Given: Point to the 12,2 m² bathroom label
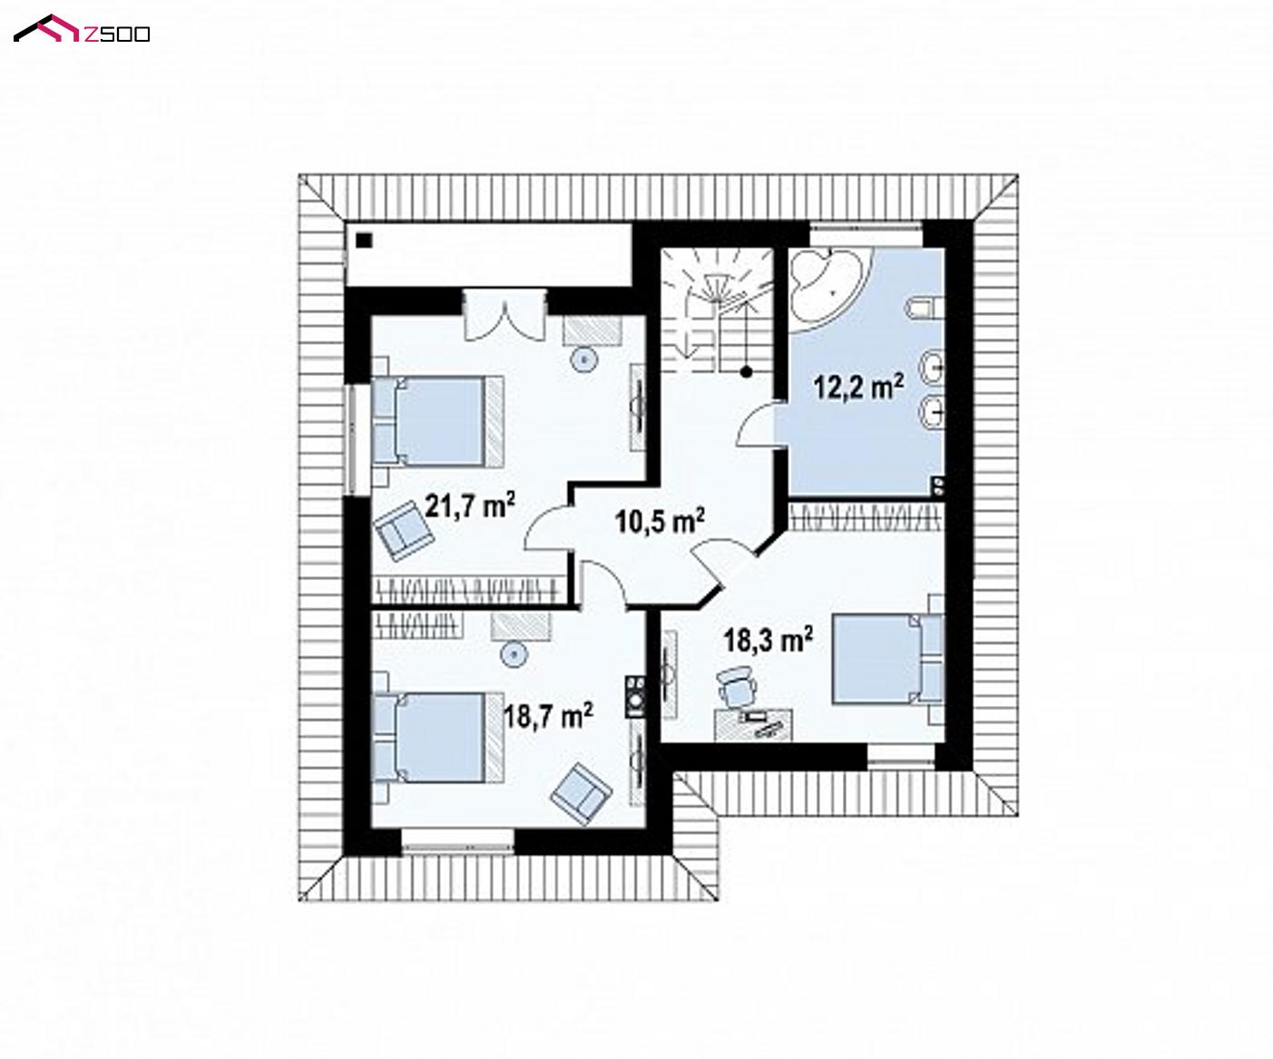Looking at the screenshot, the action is [858, 386].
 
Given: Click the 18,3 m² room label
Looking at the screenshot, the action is [769, 640].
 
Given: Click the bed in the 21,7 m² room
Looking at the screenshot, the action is [437, 421].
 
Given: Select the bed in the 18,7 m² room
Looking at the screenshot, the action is [437, 737].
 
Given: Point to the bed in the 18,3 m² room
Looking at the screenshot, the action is [887, 659].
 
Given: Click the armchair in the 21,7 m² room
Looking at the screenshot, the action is [404, 530].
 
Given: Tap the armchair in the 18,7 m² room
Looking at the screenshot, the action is [581, 793].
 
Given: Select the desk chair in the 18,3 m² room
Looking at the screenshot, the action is [737, 687].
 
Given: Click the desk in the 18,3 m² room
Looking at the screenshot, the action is [754, 725].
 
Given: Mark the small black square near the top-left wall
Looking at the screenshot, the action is [364, 240].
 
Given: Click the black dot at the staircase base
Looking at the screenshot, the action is [746, 371].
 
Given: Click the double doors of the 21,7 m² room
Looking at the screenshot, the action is [504, 315].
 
